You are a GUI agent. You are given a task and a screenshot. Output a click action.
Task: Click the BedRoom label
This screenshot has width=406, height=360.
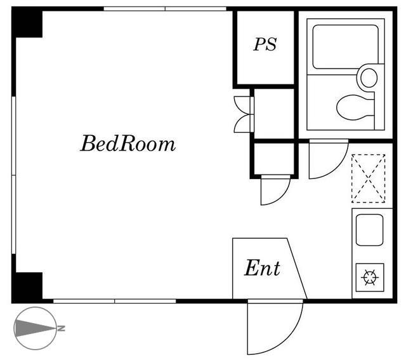[x=128, y=143]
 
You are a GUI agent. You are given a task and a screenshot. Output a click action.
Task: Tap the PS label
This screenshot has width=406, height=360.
[x=265, y=44]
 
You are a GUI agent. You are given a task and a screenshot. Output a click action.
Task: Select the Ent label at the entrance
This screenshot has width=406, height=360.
[x=262, y=268]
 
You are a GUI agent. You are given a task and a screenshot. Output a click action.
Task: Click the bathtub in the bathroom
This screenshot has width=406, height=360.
[x=345, y=46]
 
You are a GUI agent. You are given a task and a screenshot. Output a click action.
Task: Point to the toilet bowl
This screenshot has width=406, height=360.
[x=355, y=107]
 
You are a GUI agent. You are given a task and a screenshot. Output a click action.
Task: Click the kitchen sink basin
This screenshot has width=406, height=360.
[x=369, y=230]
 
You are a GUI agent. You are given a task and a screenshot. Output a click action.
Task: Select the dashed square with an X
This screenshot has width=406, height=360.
[x=369, y=178]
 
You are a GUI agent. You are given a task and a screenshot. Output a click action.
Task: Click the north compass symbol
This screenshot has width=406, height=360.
[x=36, y=328]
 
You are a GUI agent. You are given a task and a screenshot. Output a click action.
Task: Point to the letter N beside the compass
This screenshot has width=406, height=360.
[x=61, y=328]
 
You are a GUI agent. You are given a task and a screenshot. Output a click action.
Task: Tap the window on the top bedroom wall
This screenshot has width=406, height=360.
[x=165, y=9]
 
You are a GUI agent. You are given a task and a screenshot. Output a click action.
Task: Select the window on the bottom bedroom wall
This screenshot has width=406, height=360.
[x=114, y=301]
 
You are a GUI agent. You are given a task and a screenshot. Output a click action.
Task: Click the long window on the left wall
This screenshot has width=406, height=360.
[x=14, y=175]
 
